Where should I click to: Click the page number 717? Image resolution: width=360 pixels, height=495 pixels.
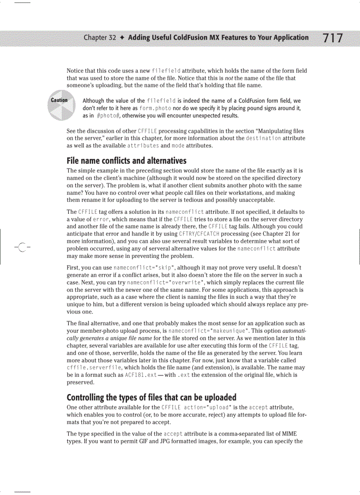click(x=333, y=38)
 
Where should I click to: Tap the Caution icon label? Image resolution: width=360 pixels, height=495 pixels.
click(x=59, y=100)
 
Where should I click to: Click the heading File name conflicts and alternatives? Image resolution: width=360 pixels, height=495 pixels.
click(x=126, y=160)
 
